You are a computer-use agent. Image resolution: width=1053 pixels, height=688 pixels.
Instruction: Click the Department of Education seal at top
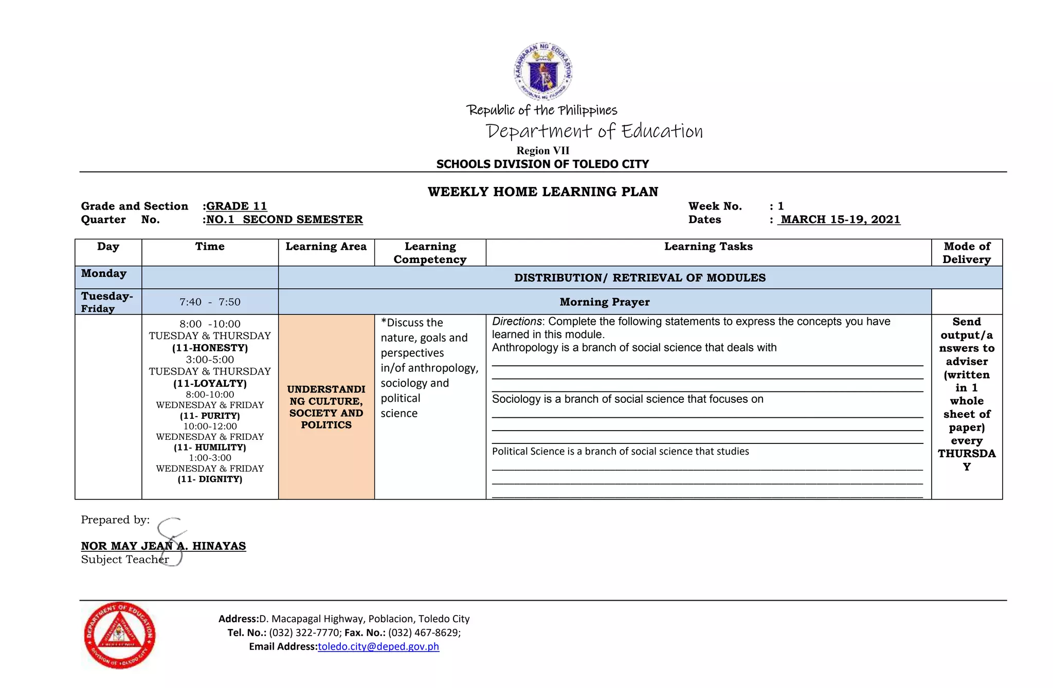[543, 71]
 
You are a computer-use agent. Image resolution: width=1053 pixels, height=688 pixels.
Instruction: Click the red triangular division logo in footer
[119, 635]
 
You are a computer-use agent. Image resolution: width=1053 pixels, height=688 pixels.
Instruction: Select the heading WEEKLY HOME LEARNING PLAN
[542, 192]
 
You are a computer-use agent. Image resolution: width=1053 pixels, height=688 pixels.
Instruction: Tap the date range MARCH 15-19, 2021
[840, 219]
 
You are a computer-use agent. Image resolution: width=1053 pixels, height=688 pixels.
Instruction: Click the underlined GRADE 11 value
[237, 206]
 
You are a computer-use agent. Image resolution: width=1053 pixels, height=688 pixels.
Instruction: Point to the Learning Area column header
[326, 247]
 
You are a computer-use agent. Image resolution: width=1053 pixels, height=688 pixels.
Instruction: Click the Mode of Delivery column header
[966, 253]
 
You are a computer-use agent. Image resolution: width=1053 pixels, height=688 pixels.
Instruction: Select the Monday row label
[104, 273]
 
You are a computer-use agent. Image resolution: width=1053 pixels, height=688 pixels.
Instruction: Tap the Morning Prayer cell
[604, 302]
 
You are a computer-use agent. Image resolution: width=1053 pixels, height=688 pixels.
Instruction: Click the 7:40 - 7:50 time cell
[210, 302]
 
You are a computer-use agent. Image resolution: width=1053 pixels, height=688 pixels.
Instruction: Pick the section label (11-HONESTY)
[210, 348]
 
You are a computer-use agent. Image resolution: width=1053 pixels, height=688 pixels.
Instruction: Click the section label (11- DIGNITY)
[210, 479]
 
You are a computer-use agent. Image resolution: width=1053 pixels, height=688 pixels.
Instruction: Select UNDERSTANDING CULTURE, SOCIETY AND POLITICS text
[326, 407]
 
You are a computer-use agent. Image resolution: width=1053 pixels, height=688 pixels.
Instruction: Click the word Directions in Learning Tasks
[516, 322]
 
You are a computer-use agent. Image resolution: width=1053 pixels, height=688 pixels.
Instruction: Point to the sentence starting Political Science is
[620, 452]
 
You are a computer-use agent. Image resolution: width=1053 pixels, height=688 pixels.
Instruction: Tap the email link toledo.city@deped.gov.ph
[378, 646]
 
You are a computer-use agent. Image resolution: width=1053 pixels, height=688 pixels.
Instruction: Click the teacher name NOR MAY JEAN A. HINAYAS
[164, 546]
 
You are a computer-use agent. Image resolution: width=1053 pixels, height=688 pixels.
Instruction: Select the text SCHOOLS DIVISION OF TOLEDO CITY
[542, 164]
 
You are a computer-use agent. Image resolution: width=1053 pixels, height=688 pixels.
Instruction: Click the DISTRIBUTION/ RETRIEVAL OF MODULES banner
[640, 278]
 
